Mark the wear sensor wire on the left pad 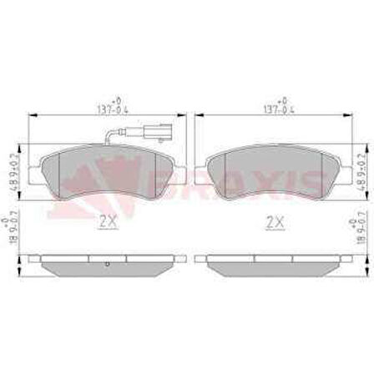point(119,134)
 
